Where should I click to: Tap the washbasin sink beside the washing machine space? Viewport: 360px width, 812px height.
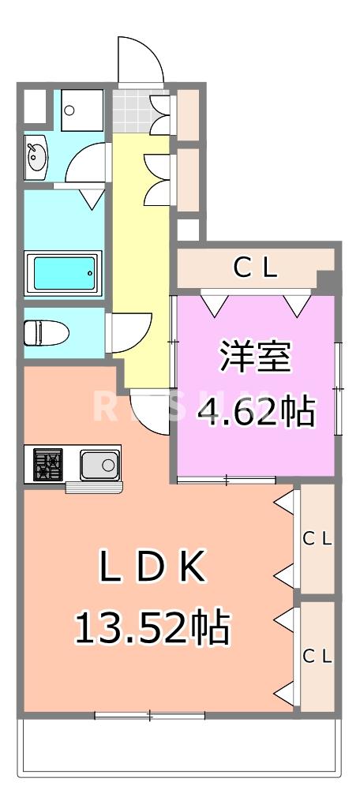click(37, 156)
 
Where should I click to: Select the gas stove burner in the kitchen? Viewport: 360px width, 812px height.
click(47, 464)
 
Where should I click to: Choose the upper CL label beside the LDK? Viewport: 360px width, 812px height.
click(318, 539)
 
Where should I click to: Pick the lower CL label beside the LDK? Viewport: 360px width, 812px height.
click(318, 656)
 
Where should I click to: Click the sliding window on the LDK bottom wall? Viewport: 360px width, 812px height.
click(150, 716)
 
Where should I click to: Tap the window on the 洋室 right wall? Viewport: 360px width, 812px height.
click(338, 387)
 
